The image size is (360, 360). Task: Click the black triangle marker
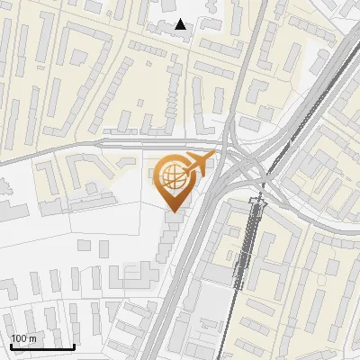pyautogui.click(x=181, y=24)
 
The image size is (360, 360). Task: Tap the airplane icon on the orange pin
pyautogui.click(x=199, y=164)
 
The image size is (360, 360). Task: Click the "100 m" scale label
pyautogui.click(x=22, y=338)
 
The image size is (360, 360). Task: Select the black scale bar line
pyautogui.click(x=41, y=346)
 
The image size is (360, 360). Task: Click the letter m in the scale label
pyautogui.click(x=31, y=338)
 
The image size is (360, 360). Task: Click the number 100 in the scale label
pyautogui.click(x=18, y=338)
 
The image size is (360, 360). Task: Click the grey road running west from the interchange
pyautogui.click(x=135, y=144)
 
